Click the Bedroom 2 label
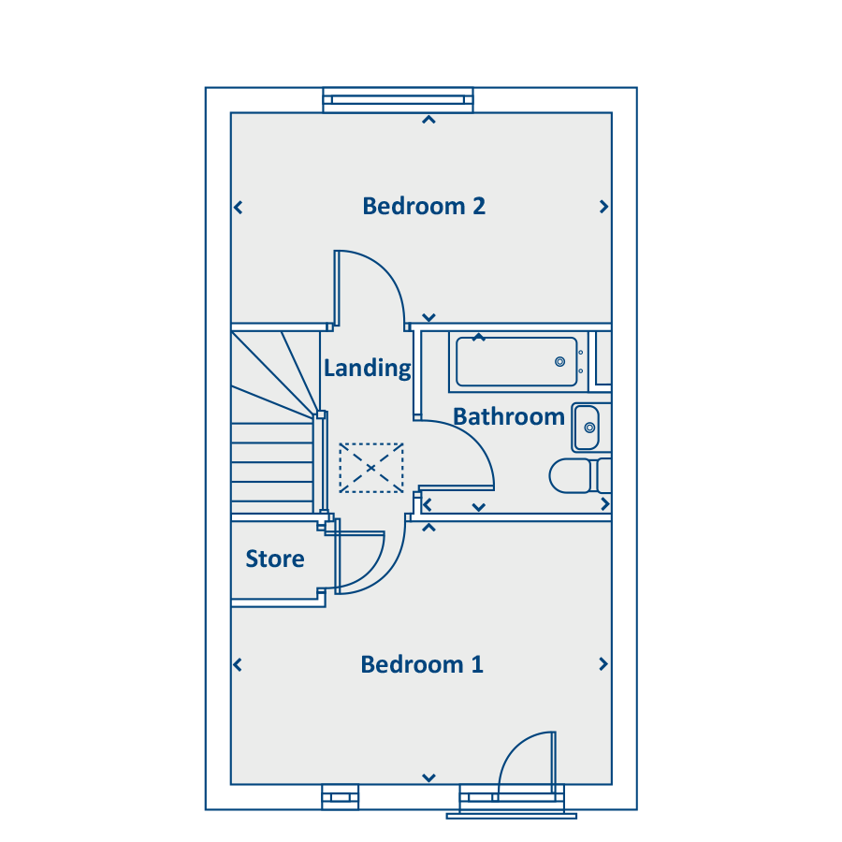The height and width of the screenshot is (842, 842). pyautogui.click(x=424, y=206)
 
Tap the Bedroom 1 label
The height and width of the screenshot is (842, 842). pyautogui.click(x=422, y=664)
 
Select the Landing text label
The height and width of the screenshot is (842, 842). pyautogui.click(x=368, y=369)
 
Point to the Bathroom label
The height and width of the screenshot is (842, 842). pyautogui.click(x=509, y=416)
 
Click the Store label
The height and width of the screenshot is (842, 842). pyautogui.click(x=275, y=559)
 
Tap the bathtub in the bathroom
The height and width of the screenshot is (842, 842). pyautogui.click(x=516, y=361)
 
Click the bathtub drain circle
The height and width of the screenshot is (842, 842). pyautogui.click(x=559, y=361)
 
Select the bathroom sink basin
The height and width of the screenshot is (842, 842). pyautogui.click(x=587, y=428)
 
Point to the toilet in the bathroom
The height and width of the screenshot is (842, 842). pyautogui.click(x=580, y=476)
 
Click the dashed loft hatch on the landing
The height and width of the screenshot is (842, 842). pyautogui.click(x=371, y=468)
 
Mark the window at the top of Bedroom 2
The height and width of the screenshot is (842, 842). pyautogui.click(x=398, y=100)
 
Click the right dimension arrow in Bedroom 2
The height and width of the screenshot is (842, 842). pyautogui.click(x=604, y=207)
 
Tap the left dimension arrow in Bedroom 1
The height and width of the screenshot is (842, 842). pyautogui.click(x=238, y=665)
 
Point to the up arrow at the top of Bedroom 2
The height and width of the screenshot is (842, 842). pyautogui.click(x=428, y=120)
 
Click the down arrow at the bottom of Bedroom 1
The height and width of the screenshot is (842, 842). pyautogui.click(x=428, y=777)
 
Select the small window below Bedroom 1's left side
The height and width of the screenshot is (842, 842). pyautogui.click(x=340, y=797)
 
